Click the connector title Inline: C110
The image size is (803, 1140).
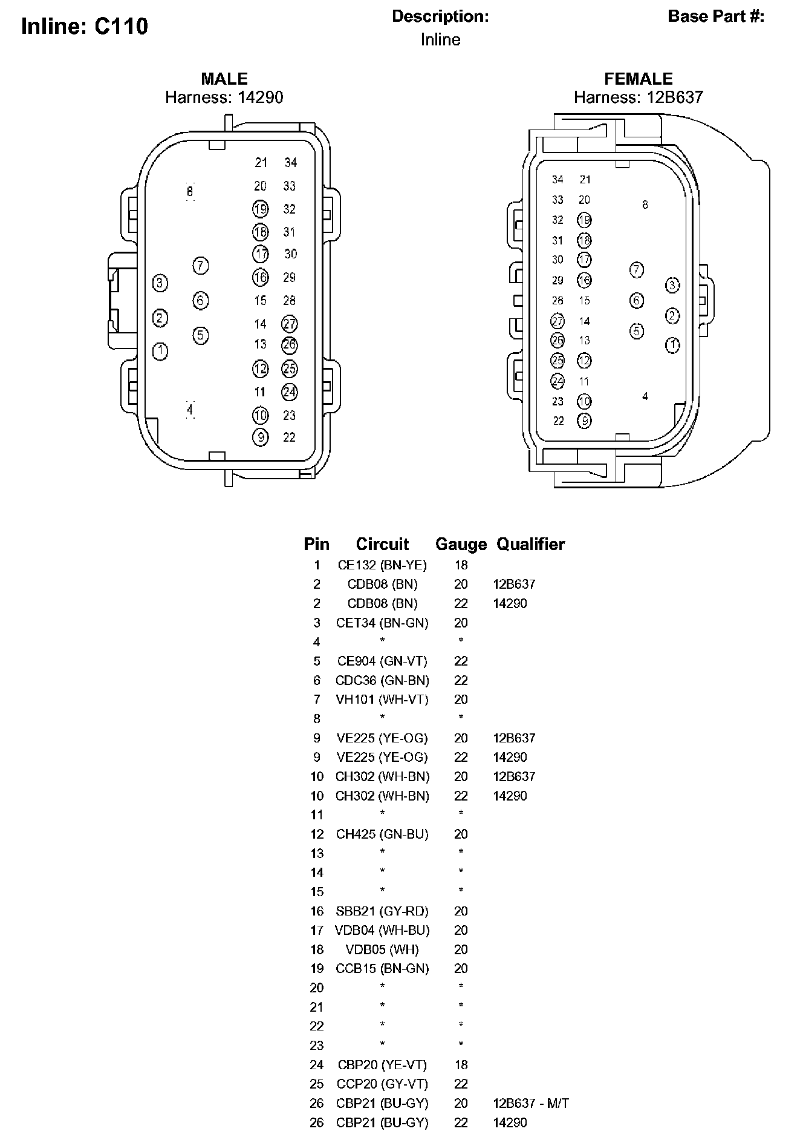tap(85, 27)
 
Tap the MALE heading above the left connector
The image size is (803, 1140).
tap(224, 79)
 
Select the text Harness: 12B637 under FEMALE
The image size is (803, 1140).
tap(638, 97)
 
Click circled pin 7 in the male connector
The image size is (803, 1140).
tap(201, 266)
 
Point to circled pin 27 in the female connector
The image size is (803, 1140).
tap(558, 321)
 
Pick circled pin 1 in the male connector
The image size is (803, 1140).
tap(160, 351)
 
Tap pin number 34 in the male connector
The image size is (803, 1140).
tap(291, 162)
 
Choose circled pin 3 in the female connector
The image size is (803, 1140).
tap(672, 285)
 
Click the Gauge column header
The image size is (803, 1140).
tap(461, 545)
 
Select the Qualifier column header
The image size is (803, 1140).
tap(530, 545)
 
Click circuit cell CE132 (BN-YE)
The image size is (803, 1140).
tap(382, 565)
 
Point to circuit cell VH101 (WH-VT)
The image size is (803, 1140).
tap(382, 699)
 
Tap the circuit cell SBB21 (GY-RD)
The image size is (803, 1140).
tap(382, 911)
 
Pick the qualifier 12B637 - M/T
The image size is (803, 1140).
tap(531, 1104)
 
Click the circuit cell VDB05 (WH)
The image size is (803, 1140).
tap(382, 949)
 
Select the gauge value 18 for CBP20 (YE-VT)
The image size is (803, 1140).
tap(461, 1065)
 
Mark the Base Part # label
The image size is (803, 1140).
tap(716, 16)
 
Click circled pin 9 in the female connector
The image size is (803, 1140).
tap(584, 421)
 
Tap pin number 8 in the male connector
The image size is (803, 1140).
tap(190, 192)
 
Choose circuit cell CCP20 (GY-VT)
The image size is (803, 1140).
tap(382, 1084)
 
